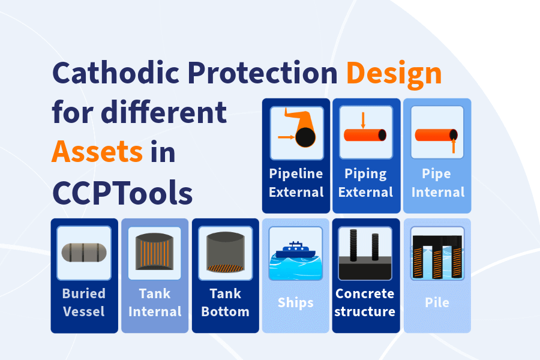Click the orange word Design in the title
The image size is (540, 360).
pos(394,74)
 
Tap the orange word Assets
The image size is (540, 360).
pos(97,152)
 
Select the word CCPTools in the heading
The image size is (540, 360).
pos(122,193)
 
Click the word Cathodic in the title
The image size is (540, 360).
pos(116,73)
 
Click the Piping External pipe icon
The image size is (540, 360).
pos(365,134)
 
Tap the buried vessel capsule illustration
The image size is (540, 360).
pos(84,253)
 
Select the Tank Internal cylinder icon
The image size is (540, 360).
pos(154,251)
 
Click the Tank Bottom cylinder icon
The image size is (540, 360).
pos(225,252)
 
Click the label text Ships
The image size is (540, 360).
pos(295,302)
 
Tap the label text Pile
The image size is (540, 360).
pos(437,302)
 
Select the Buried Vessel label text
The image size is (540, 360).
pos(84,302)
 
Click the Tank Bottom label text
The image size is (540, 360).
pos(225,302)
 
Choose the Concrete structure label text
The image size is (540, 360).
pos(365,302)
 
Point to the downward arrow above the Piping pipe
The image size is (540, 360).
pos(363,120)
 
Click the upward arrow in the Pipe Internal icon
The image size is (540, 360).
pos(454,145)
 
